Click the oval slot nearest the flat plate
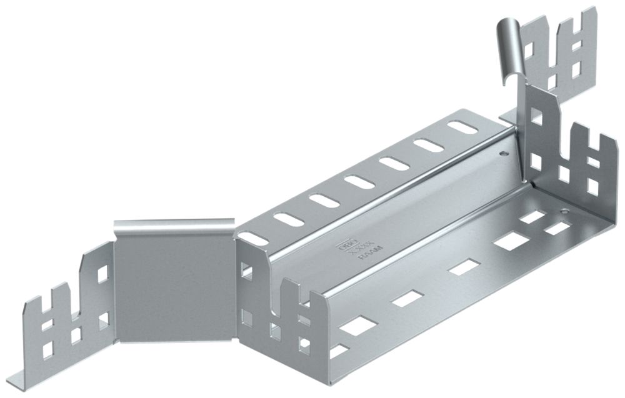pos(252,237)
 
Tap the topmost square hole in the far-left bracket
pos(102,273)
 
